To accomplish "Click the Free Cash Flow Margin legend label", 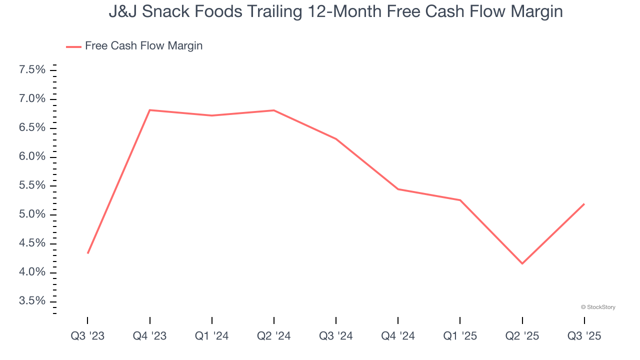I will (143, 46).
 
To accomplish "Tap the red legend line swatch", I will (73, 46).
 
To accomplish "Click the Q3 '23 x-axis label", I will (88, 336).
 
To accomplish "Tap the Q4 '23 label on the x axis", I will (150, 336).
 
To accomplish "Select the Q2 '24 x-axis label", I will (274, 336).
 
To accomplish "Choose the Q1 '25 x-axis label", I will (460, 336).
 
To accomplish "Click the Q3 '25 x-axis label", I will (584, 336).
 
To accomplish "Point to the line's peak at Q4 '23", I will (150, 110).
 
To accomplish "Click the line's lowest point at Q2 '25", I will (522, 263).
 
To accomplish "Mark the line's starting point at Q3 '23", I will (88, 253).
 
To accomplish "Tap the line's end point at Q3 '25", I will (584, 204).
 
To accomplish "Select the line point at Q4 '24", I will (398, 189).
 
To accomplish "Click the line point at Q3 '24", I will (336, 139).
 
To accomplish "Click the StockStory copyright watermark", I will (598, 307).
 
